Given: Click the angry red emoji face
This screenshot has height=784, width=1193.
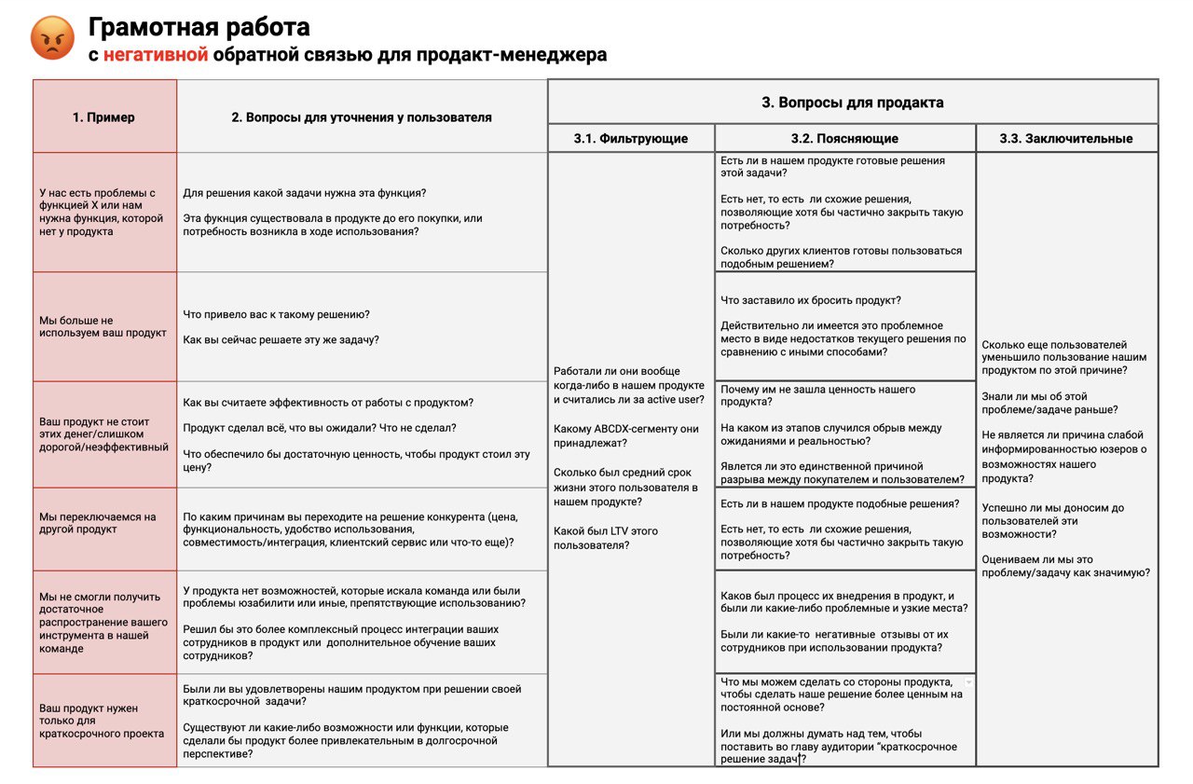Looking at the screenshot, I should (51, 38).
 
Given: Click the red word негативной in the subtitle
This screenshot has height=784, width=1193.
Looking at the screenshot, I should (155, 55).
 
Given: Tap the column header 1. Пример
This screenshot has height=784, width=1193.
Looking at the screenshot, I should (103, 117).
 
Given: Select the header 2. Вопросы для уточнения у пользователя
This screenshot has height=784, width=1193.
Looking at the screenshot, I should (362, 117).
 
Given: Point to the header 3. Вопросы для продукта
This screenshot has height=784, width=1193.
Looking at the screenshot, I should (852, 103).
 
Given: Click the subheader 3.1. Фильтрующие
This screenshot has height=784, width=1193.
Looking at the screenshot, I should (631, 139).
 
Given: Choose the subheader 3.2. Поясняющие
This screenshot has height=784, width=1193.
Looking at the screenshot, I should (844, 139).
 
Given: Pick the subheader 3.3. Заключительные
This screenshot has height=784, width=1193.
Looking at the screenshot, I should (1066, 139).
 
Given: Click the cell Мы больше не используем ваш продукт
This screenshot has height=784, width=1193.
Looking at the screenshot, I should (103, 326).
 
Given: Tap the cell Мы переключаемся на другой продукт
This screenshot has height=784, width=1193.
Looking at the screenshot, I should (98, 523).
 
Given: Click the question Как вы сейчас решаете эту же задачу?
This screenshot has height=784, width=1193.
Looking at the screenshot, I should (281, 339).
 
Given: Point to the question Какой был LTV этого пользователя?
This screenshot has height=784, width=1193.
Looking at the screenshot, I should (605, 538).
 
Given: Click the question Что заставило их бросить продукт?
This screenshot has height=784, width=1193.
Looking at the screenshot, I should (810, 300).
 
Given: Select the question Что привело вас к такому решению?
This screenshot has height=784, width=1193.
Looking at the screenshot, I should (276, 314).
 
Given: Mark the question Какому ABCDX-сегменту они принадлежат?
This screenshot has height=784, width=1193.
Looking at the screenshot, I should (625, 436).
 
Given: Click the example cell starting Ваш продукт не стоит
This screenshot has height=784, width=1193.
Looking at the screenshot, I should (103, 434).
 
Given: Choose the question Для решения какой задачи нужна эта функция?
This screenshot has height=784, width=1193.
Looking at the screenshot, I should (304, 193).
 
